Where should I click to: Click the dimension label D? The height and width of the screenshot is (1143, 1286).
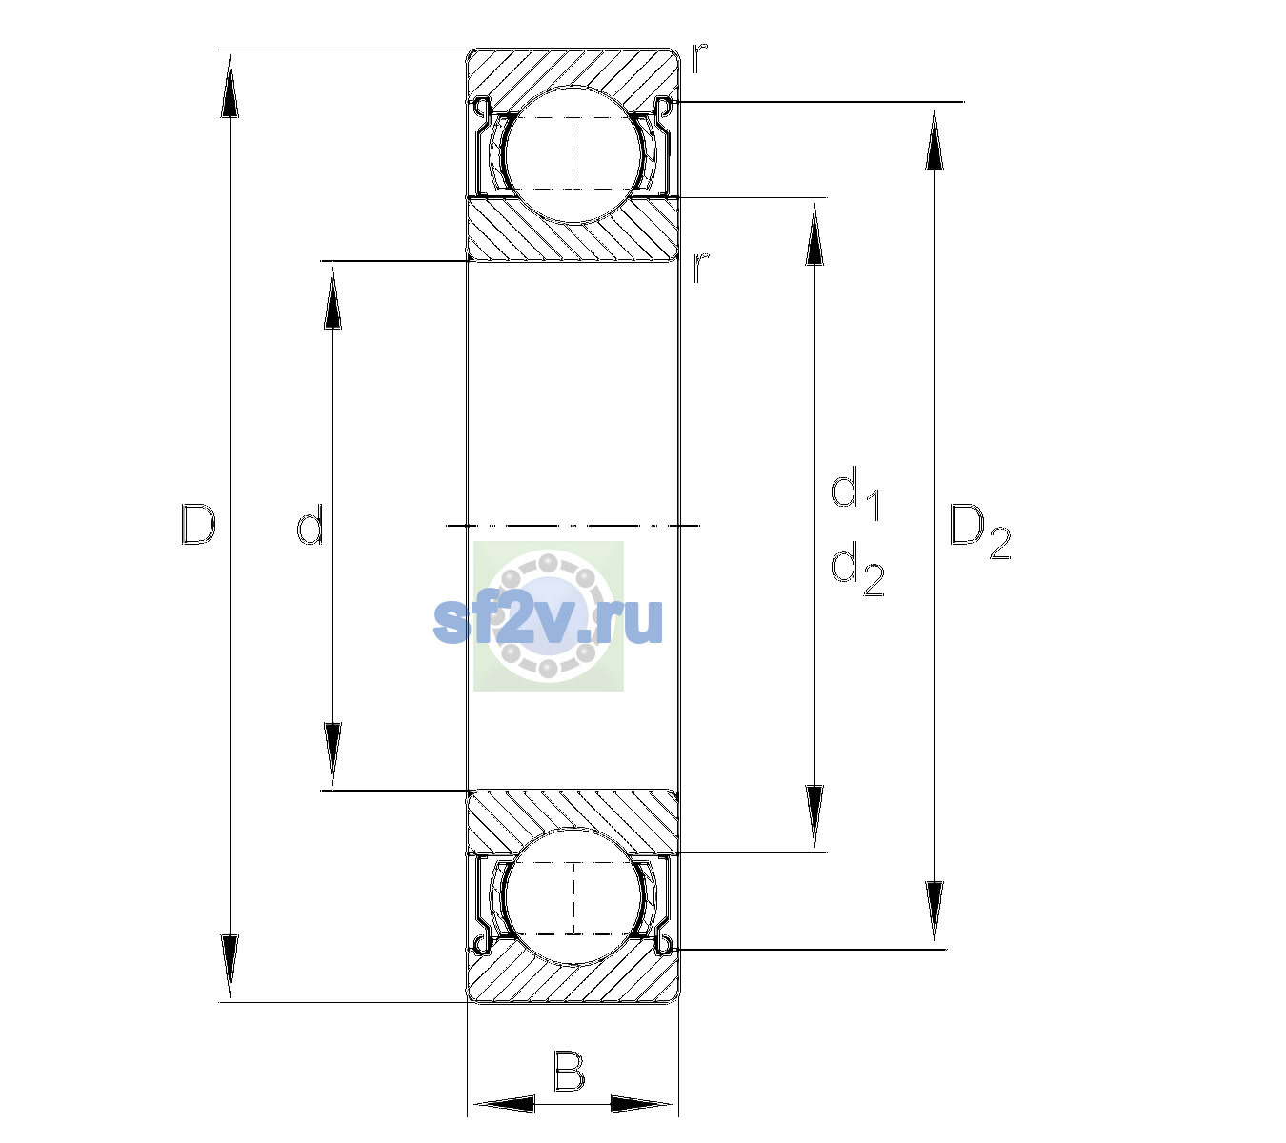pyautogui.click(x=197, y=524)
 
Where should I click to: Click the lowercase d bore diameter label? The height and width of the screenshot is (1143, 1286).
pyautogui.click(x=310, y=524)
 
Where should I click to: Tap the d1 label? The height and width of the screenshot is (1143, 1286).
pyautogui.click(x=855, y=492)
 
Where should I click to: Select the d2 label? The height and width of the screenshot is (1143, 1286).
pyautogui.click(x=857, y=568)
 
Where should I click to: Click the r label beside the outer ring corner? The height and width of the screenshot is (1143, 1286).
pyautogui.click(x=699, y=58)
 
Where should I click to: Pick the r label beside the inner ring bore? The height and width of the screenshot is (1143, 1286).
pyautogui.click(x=700, y=268)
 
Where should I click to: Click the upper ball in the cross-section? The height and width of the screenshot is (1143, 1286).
pyautogui.click(x=573, y=155)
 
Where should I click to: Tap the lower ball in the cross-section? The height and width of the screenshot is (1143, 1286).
pyautogui.click(x=573, y=897)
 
